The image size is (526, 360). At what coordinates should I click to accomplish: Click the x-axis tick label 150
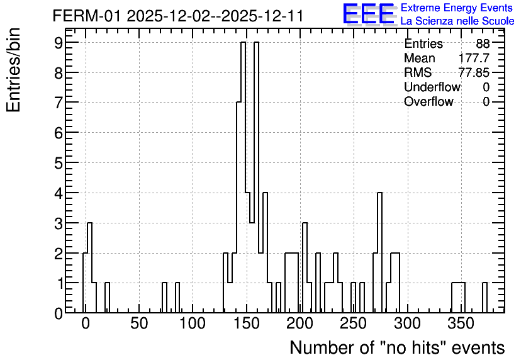tap(247, 324)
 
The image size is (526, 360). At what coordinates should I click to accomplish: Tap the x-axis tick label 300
tap(407, 324)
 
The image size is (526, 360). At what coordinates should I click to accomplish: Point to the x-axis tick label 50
tap(139, 324)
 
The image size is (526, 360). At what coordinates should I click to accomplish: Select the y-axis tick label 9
tap(59, 42)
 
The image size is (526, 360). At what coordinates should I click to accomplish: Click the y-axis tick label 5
tap(59, 163)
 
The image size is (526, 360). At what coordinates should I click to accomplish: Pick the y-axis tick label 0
tap(59, 313)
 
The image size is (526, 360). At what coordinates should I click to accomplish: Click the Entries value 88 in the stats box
tap(483, 43)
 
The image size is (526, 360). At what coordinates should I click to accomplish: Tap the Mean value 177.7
tap(474, 58)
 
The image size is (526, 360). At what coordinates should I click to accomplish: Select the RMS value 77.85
tap(474, 72)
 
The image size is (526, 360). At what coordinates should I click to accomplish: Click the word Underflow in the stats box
tap(432, 87)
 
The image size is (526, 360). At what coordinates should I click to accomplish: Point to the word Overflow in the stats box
tap(428, 101)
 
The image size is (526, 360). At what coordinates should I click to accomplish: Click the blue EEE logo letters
tap(369, 14)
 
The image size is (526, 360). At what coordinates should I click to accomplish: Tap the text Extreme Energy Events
tap(457, 8)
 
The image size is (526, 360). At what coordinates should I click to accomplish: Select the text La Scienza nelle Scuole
tap(457, 21)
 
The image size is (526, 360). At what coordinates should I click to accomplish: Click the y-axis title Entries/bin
tap(13, 70)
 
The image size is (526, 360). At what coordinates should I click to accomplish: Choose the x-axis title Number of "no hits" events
tap(397, 348)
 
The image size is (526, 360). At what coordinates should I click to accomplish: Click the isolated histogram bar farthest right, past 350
tap(484, 298)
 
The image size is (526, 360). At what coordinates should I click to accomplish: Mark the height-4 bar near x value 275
tap(380, 252)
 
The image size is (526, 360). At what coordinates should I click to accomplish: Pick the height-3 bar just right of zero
tap(89, 267)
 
